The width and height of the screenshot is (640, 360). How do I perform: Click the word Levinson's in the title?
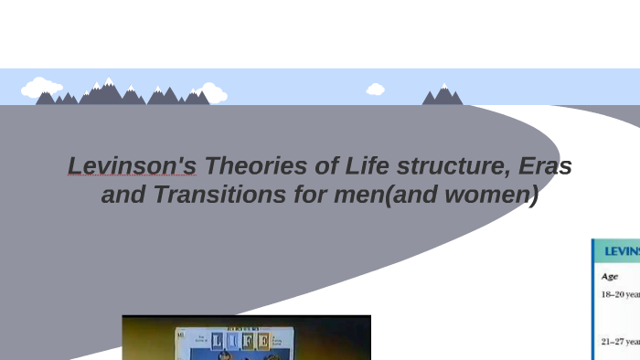(x=132, y=167)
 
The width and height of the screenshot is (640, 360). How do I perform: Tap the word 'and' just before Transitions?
(x=120, y=195)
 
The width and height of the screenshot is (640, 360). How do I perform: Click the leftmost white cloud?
(x=41, y=89)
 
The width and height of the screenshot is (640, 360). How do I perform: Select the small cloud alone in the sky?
(x=375, y=90)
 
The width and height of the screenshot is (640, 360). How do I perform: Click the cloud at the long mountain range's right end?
(x=212, y=92)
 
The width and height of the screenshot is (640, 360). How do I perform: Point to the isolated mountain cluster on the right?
(x=443, y=95)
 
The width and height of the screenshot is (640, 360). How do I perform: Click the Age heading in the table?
(x=610, y=276)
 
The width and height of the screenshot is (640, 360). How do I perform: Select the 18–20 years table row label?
(x=620, y=294)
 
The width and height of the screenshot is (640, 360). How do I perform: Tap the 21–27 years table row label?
(x=620, y=342)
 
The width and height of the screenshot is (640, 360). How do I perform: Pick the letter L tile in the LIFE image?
(x=199, y=342)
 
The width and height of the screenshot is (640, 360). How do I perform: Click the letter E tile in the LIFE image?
(x=263, y=342)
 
